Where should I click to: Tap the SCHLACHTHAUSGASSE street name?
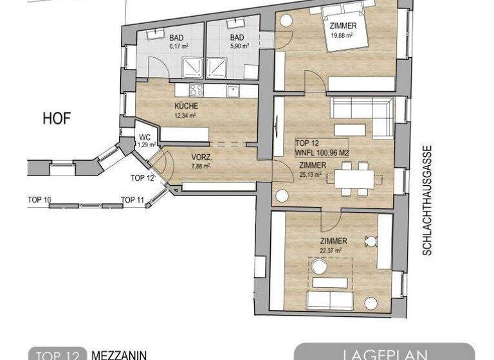tap(426, 199)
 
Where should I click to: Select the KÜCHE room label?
tap(185, 106)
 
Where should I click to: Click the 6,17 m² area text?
tap(159, 46)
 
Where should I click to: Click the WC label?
tap(145, 137)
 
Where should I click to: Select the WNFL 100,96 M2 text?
tap(322, 153)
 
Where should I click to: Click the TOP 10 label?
tap(39, 200)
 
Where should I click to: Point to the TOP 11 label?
tap(133, 200)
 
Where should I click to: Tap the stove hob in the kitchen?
tap(196, 91)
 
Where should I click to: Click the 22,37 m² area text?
tap(329, 251)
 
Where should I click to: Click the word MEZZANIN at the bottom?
tap(119, 354)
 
